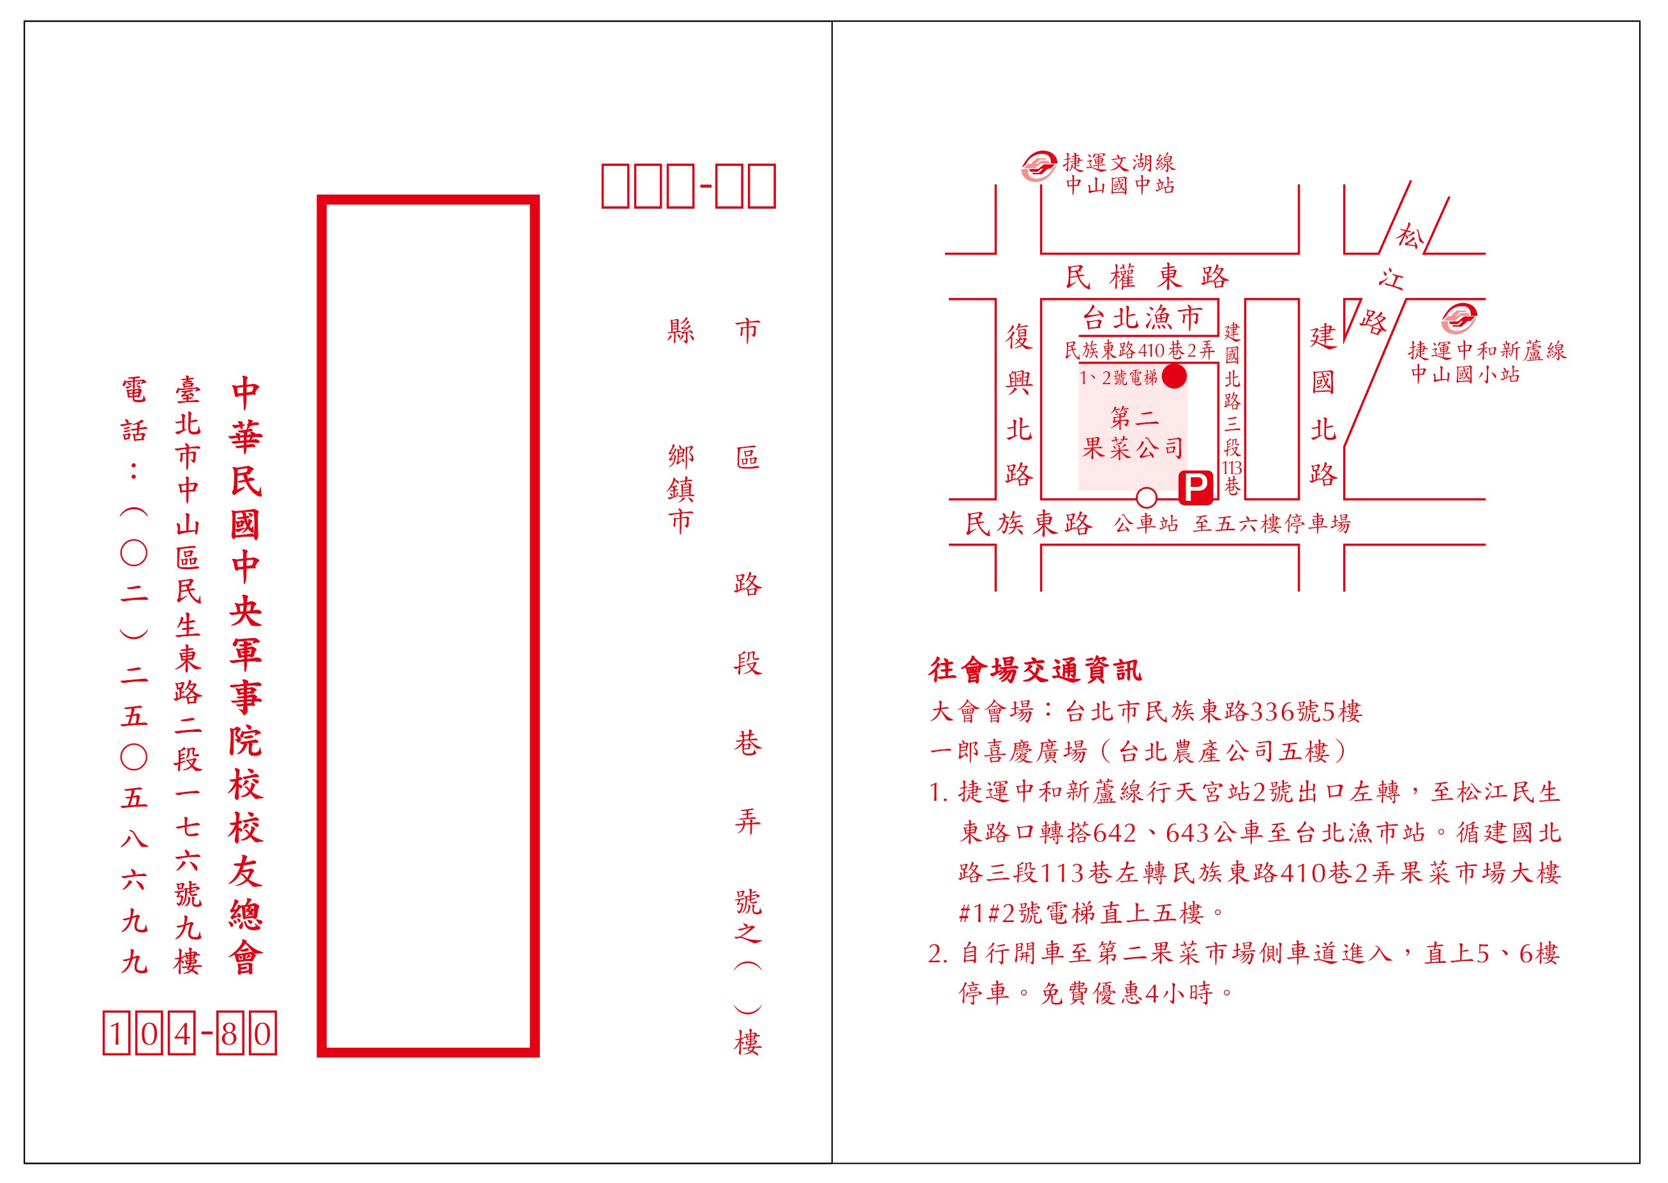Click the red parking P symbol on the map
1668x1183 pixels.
1195,487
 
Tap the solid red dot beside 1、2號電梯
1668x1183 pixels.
1174,376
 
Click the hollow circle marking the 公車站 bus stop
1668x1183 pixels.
1147,498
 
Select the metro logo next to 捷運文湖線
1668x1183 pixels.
1038,166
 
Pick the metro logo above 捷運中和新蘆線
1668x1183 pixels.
1459,318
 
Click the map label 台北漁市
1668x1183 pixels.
1142,318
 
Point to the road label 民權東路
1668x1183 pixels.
1147,277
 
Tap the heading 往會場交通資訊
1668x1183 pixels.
1035,669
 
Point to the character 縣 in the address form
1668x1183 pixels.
681,331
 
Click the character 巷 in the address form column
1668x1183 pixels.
748,743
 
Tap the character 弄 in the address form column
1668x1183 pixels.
748,822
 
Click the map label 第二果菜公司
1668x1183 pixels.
1133,433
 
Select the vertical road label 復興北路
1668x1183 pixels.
1019,405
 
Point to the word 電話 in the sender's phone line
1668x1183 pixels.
134,410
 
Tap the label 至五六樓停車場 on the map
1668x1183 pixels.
1271,523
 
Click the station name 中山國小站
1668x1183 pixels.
1465,375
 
